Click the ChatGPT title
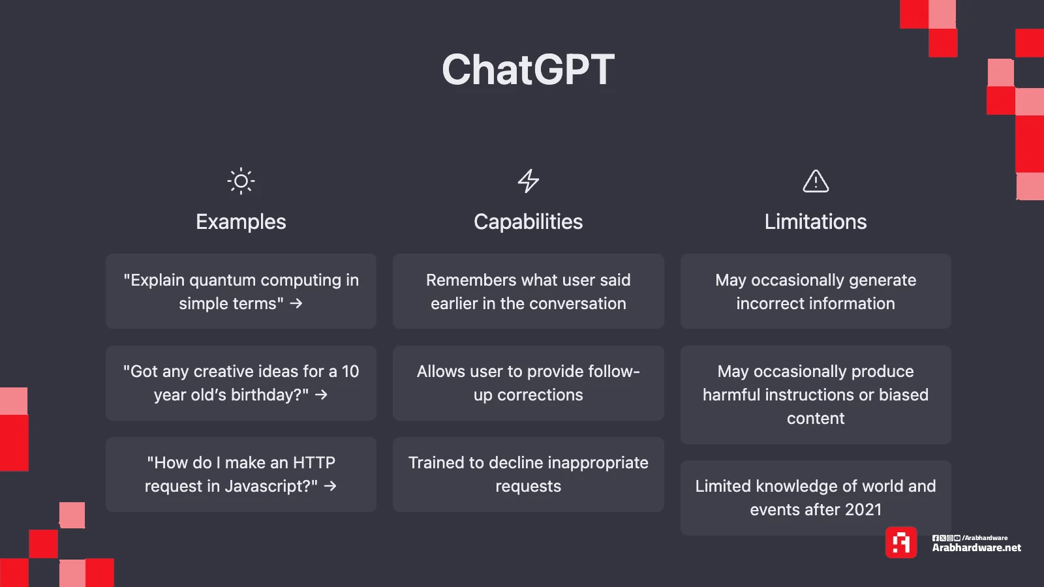[528, 69]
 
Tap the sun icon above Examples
[241, 181]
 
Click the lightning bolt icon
[529, 181]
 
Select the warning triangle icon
[816, 181]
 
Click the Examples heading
[241, 222]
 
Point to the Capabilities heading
[528, 222]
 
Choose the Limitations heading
[816, 222]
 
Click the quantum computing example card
[241, 291]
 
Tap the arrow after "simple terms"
[296, 304]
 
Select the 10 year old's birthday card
[241, 383]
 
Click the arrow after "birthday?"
[321, 395]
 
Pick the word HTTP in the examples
[314, 462]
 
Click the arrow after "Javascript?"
[330, 487]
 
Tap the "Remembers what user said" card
[528, 291]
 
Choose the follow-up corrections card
[528, 383]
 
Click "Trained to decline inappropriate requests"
[528, 474]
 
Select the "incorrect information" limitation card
[816, 291]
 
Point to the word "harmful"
[731, 395]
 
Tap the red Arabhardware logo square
[901, 542]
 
